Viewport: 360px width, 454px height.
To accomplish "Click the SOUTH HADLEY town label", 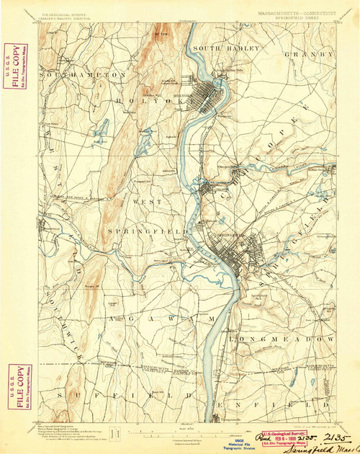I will (225, 48).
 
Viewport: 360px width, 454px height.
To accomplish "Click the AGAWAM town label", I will (162, 318).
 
